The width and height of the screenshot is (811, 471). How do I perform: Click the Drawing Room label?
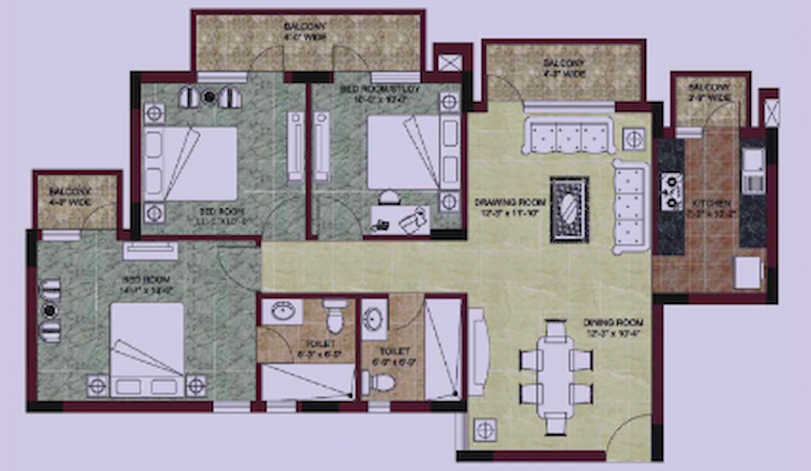coord(510,207)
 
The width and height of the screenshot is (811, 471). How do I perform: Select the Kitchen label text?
coord(711,208)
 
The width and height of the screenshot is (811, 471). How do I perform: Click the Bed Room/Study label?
coord(379,93)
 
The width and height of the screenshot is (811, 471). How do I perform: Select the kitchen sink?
coord(752,161)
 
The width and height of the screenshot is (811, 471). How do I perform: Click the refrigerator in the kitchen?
coord(748,272)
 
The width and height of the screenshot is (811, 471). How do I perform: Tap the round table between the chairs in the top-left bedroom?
coord(210,97)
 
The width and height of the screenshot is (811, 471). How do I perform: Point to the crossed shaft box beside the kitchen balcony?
coord(771,111)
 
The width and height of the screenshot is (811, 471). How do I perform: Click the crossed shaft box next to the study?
coord(450,62)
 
